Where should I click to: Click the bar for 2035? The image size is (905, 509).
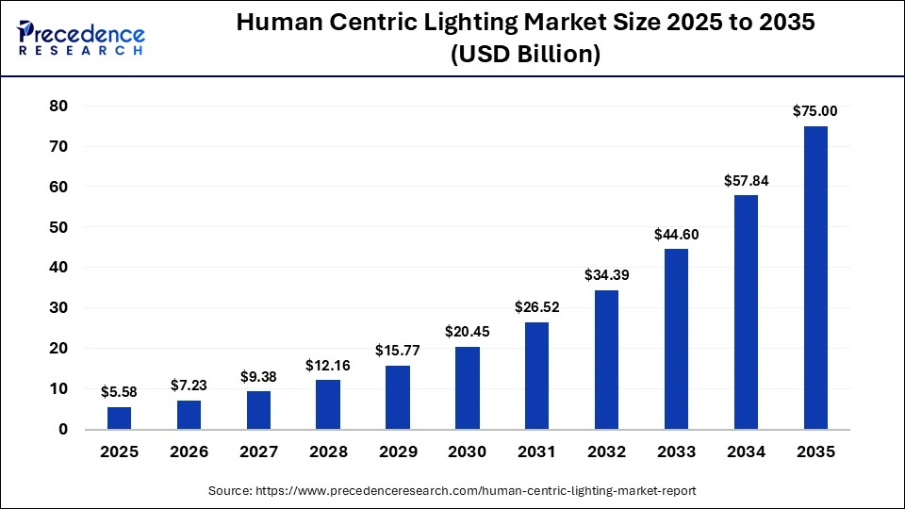[x=815, y=277]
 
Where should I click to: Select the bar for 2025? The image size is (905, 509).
[x=120, y=418]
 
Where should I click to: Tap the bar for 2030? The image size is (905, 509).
[x=468, y=387]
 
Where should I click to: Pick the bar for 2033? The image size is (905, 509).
[x=676, y=338]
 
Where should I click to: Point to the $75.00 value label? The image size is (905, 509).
[x=815, y=111]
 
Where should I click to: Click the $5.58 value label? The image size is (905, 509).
[x=120, y=391]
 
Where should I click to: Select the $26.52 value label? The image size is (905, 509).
[x=537, y=306]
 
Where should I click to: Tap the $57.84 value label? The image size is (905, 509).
[x=746, y=180]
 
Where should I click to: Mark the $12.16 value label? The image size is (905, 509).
[x=328, y=365]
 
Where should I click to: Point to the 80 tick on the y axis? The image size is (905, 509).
[x=58, y=107]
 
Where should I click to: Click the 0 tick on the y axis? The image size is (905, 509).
[x=63, y=430]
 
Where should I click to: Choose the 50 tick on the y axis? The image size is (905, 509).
[x=58, y=227]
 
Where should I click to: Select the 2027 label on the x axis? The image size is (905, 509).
[x=258, y=452]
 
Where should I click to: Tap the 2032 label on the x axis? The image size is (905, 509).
[x=606, y=452]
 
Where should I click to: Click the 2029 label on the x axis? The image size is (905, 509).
[x=398, y=452]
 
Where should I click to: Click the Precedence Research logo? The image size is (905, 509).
[x=81, y=38]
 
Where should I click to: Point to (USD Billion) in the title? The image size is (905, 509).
[x=525, y=56]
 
